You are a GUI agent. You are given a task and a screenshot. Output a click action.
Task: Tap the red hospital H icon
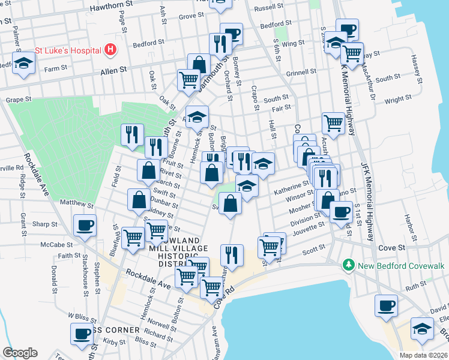coord(110,50)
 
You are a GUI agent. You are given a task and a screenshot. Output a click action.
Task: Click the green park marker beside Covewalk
coord(348,265)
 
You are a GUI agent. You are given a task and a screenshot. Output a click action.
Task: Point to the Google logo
coord(20,353)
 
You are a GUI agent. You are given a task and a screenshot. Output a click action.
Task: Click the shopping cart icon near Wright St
coord(333,123)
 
